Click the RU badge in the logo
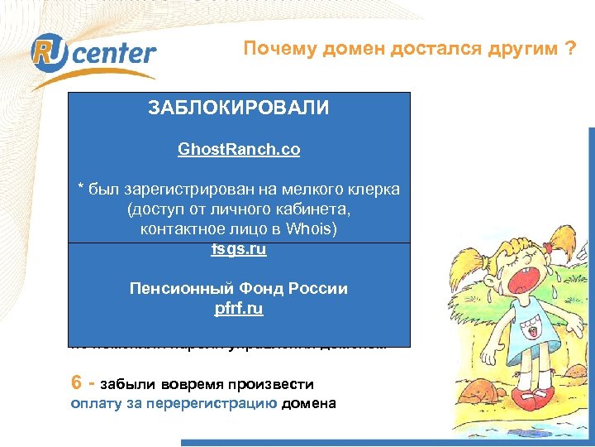[47, 52]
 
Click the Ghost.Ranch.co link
[239, 150]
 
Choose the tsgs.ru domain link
[239, 248]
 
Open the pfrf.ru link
[239, 310]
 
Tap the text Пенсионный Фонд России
[239, 289]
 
